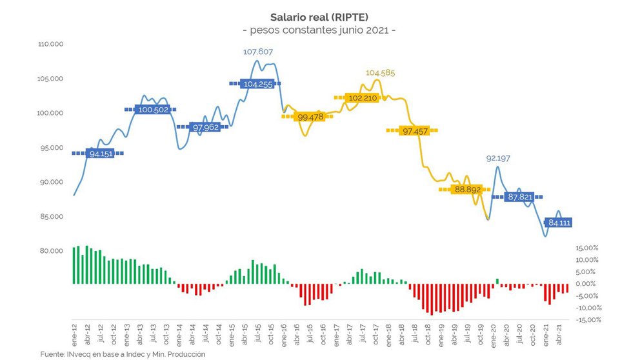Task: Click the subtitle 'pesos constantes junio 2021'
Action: (319, 30)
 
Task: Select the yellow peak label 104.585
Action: (380, 73)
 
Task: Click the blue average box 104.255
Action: (256, 83)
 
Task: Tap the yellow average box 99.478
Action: (311, 117)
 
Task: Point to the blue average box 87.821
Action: (520, 197)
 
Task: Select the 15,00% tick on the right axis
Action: (587, 248)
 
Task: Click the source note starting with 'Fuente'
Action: (123, 354)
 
